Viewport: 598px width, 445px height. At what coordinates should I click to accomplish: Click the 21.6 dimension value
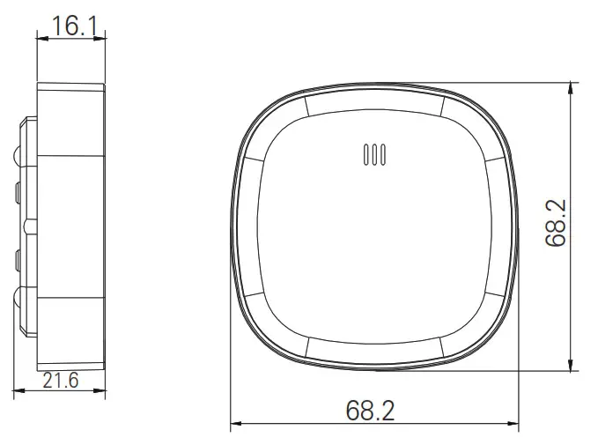coord(61,381)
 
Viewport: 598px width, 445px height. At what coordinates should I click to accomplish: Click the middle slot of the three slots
coord(374,154)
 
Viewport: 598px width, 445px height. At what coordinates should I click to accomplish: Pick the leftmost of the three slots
coord(365,154)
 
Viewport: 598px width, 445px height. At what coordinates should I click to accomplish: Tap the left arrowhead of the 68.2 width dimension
coord(236,426)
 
